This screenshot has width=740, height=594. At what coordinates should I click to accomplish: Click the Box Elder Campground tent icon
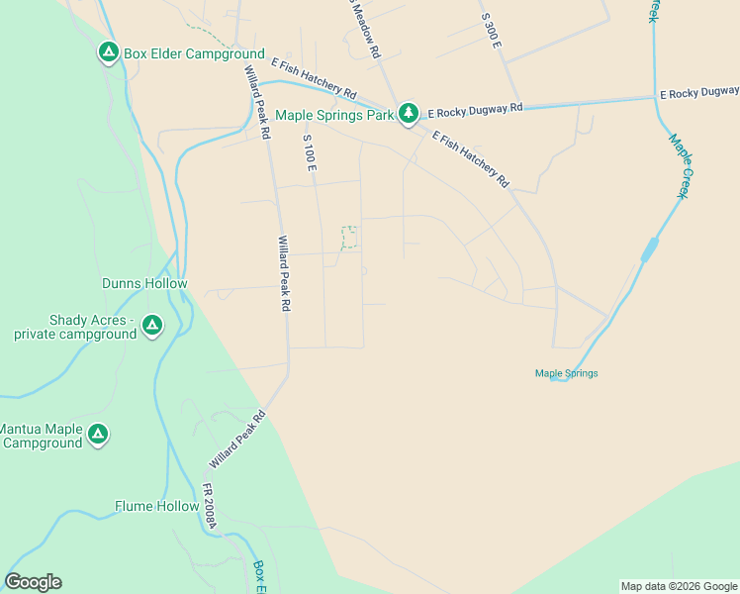(x=109, y=52)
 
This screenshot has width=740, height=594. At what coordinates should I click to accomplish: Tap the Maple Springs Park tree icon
(x=409, y=114)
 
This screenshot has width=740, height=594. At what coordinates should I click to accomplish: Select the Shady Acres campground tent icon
(x=151, y=325)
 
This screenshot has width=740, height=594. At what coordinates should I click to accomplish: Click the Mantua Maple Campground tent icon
(x=97, y=434)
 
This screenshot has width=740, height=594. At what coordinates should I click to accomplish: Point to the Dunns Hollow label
(x=144, y=283)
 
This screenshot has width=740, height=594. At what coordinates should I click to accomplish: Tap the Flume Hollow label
(x=156, y=506)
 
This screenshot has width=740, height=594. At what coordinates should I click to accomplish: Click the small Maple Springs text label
(x=566, y=373)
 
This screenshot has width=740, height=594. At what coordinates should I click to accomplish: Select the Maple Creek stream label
(x=678, y=166)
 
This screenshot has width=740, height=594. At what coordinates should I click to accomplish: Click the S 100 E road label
(x=310, y=152)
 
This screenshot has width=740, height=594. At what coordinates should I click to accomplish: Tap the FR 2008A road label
(x=209, y=505)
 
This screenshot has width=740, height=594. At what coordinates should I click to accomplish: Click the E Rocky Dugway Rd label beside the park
(x=475, y=111)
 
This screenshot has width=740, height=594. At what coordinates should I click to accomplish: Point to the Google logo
(x=33, y=582)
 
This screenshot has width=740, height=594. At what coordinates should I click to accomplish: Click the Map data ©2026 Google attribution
(x=679, y=586)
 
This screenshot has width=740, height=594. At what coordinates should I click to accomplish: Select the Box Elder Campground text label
(x=194, y=53)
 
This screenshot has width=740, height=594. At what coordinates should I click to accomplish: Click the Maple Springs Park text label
(x=334, y=115)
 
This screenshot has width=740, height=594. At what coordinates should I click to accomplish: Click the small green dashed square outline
(x=349, y=237)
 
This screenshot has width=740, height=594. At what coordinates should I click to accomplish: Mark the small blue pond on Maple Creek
(x=649, y=249)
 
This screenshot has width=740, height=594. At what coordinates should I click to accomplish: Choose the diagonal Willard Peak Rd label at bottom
(x=237, y=441)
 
